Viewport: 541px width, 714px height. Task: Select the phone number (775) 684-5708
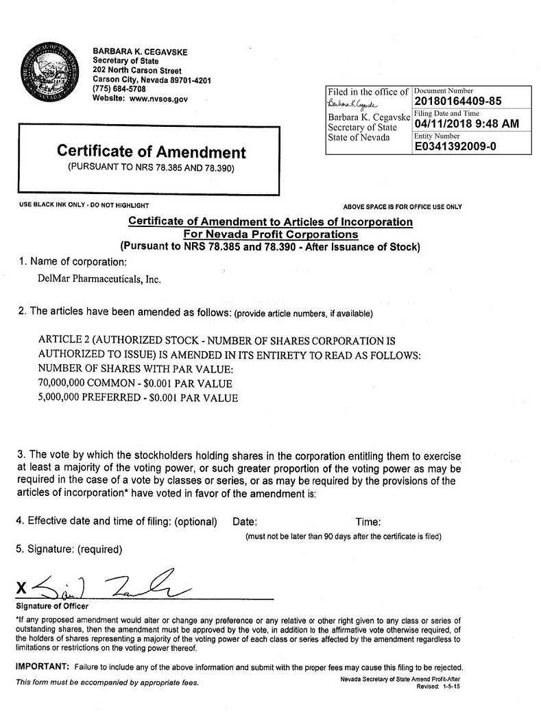click(119, 89)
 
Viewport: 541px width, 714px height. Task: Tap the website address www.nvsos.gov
click(158, 99)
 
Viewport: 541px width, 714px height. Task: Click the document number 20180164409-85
click(458, 101)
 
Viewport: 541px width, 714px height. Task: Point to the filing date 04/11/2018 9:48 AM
click(466, 123)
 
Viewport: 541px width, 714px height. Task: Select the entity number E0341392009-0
click(455, 146)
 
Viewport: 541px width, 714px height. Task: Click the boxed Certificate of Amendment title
click(151, 152)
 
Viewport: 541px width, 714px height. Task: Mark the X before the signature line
click(22, 588)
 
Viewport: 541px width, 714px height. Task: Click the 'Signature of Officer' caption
click(52, 606)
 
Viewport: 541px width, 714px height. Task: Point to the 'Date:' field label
click(245, 522)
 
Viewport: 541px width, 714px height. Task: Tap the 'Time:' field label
click(368, 522)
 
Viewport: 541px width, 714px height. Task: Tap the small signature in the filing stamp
click(354, 104)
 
